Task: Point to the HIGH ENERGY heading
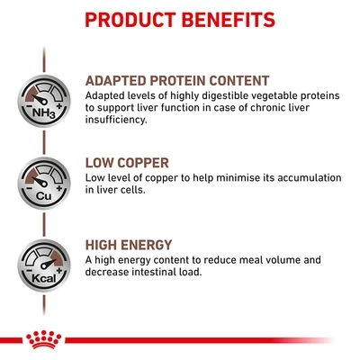129,245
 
